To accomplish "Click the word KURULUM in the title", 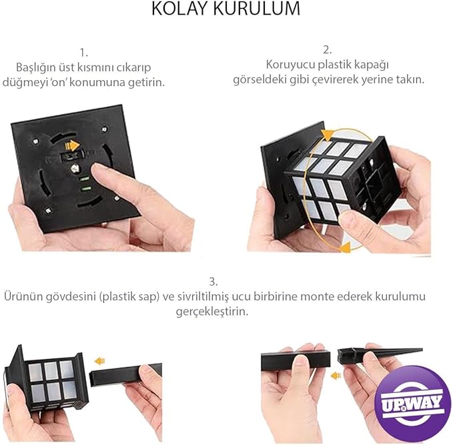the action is (x=257, y=9).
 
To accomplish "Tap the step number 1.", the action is (x=84, y=53).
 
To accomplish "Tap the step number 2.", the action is (x=328, y=49).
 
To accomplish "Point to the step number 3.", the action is (x=213, y=282).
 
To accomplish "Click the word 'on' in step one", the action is (x=59, y=82).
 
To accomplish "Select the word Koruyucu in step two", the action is (x=290, y=65).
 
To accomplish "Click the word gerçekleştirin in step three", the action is (x=212, y=312).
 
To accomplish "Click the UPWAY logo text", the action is (x=412, y=402).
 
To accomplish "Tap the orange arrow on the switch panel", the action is (x=72, y=145).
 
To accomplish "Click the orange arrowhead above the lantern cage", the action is (x=328, y=135).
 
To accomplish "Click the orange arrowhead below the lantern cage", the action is (x=345, y=248).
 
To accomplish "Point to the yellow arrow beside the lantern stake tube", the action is (x=99, y=361).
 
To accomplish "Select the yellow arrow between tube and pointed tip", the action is (x=336, y=376).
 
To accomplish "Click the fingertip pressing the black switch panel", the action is (x=98, y=171).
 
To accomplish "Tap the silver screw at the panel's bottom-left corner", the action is (x=48, y=210).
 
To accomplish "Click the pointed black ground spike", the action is (x=380, y=356).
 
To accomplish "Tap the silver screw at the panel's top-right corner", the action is (x=104, y=129).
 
